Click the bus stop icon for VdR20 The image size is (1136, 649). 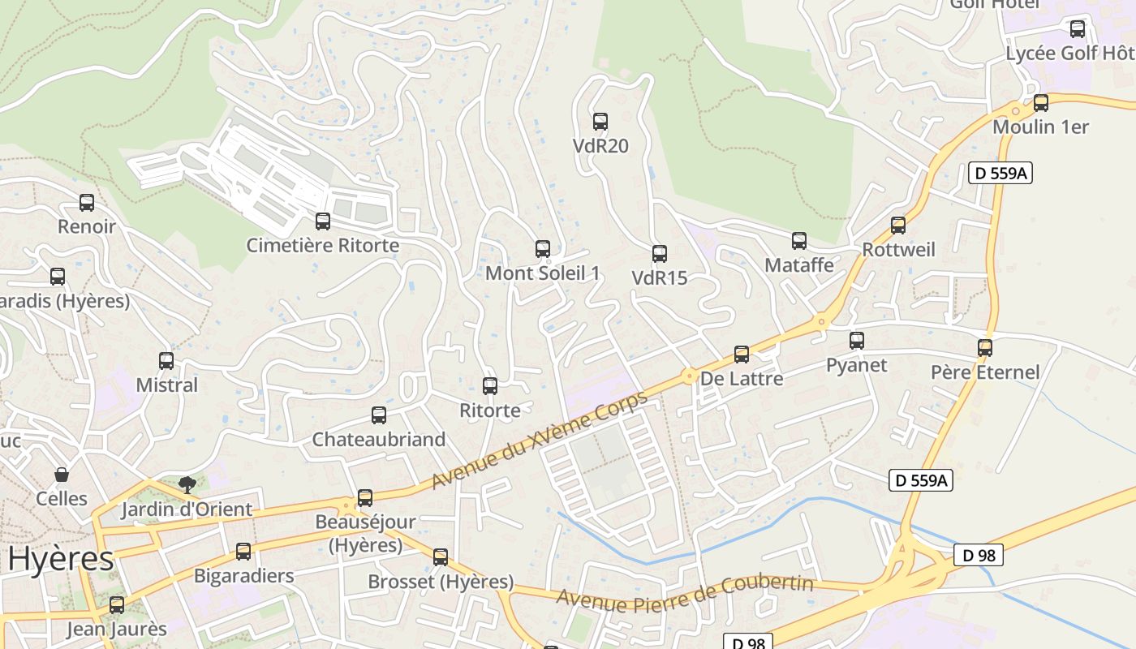pyautogui.click(x=600, y=122)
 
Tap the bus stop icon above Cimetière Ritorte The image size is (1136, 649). pyautogui.click(x=323, y=221)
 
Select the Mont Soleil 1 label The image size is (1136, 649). pyautogui.click(x=542, y=273)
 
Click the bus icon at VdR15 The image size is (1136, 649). pyautogui.click(x=660, y=254)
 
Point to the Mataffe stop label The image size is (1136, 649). pyautogui.click(x=799, y=265)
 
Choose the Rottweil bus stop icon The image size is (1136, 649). pyautogui.click(x=898, y=226)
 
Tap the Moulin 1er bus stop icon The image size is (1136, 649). pyautogui.click(x=1041, y=103)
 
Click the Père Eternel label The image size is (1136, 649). pyautogui.click(x=984, y=372)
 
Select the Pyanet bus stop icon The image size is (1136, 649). pyautogui.click(x=857, y=341)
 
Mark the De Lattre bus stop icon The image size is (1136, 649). pyautogui.click(x=742, y=355)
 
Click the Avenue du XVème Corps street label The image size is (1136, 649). pyautogui.click(x=540, y=441)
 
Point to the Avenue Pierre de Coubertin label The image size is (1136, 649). pyautogui.click(x=685, y=594)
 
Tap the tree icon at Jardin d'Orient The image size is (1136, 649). pyautogui.click(x=187, y=485)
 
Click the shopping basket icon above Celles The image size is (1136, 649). pyautogui.click(x=62, y=474)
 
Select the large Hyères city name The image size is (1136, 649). pyautogui.click(x=61, y=560)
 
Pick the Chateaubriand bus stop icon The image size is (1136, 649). pyautogui.click(x=379, y=415)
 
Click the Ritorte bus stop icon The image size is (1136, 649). pyautogui.click(x=490, y=386)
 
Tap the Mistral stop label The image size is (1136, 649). pyautogui.click(x=166, y=385)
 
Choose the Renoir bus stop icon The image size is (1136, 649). pyautogui.click(x=87, y=203)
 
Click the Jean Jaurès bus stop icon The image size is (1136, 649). pyautogui.click(x=117, y=605)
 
